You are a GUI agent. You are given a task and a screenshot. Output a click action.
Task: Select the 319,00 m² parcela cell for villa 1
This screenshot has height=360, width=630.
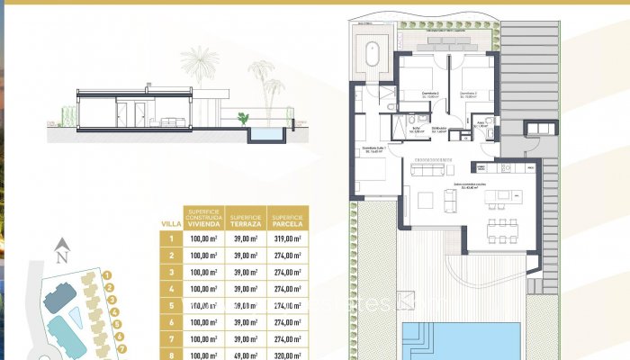coord(287,238)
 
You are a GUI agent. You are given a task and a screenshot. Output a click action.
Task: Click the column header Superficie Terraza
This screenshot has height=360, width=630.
coord(246,219)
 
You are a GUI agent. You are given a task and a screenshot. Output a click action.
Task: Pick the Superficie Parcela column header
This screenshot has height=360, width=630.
coord(287,219)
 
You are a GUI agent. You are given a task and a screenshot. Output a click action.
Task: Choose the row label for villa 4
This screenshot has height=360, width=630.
coord(171,288)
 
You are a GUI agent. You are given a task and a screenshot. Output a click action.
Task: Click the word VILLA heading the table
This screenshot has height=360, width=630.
coord(170,223)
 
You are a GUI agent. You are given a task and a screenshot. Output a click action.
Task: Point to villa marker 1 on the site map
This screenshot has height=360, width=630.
coord(107,275)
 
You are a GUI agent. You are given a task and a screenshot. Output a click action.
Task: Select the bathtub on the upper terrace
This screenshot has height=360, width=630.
coord(372,53)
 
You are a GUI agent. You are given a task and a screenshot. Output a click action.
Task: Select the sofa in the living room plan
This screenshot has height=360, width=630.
coord(434,166)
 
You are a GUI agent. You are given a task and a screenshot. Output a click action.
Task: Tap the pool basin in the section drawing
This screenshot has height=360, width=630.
coord(265,134)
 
